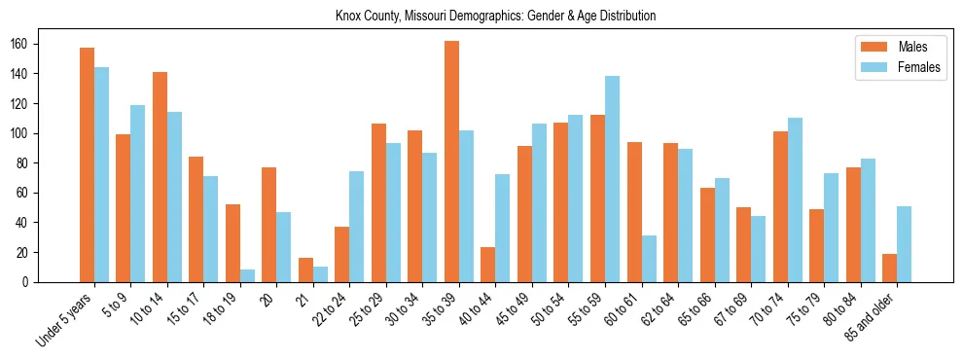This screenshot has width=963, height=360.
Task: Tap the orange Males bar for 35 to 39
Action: point(451,162)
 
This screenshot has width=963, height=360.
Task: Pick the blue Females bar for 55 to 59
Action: point(612,179)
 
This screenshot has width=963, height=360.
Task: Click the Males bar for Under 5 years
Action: point(87,164)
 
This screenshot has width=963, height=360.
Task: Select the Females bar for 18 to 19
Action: point(247,275)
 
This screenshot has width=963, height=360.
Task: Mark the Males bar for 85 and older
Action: point(889,268)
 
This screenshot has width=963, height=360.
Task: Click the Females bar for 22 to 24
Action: point(357,227)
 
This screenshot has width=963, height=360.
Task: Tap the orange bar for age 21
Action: point(305,270)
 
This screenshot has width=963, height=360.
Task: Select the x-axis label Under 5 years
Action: point(65,317)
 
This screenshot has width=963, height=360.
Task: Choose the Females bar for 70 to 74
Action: point(795,199)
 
